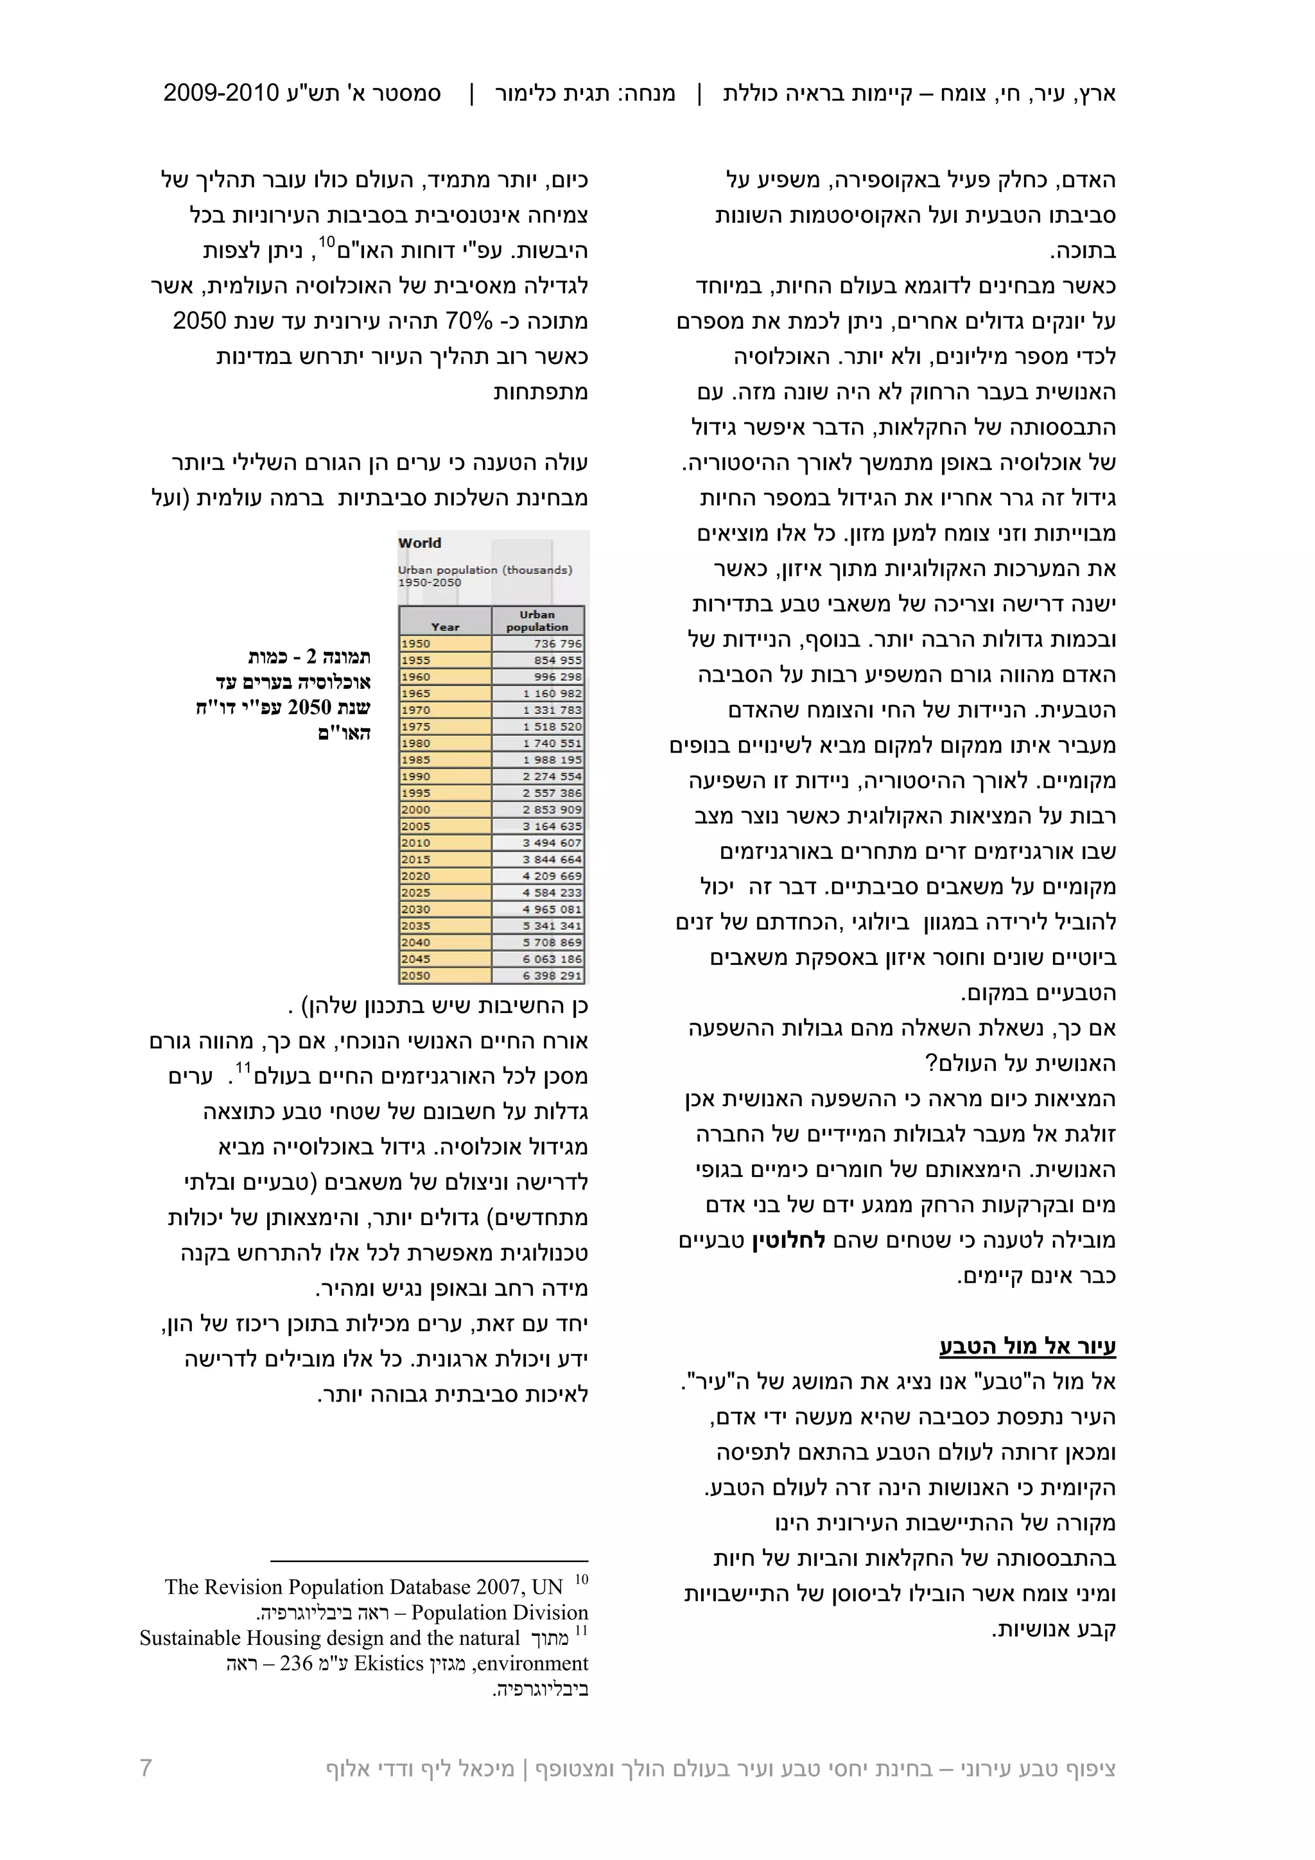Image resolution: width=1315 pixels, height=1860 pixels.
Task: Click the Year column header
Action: coord(445,626)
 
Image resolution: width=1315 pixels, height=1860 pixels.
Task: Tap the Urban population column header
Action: coord(537,621)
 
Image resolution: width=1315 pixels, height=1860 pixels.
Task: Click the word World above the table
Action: coord(420,543)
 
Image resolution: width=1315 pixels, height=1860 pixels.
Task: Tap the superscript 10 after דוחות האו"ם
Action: coord(327,241)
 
